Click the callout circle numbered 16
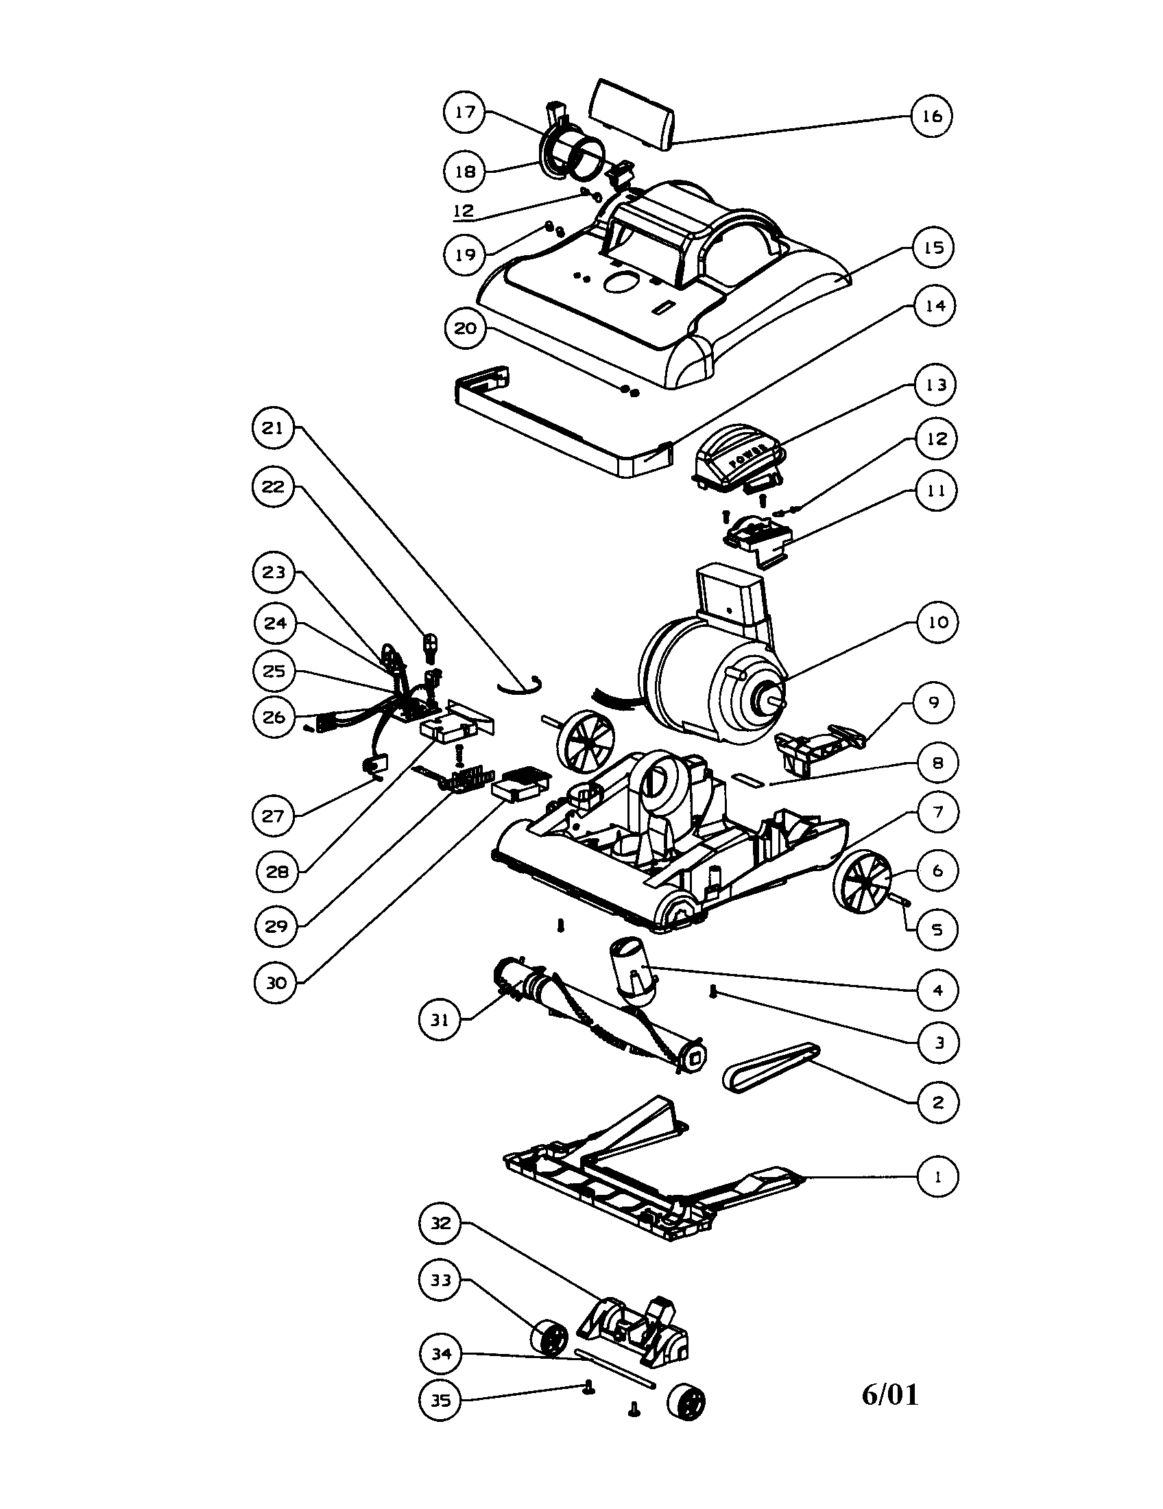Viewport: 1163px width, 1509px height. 931,116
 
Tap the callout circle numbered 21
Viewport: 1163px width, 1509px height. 272,428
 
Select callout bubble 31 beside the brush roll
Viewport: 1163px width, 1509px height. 440,1020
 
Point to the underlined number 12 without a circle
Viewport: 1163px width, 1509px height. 464,211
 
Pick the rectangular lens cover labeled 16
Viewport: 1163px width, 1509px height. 632,112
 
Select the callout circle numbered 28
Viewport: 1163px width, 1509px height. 277,872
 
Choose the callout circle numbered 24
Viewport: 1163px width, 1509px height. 274,623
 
